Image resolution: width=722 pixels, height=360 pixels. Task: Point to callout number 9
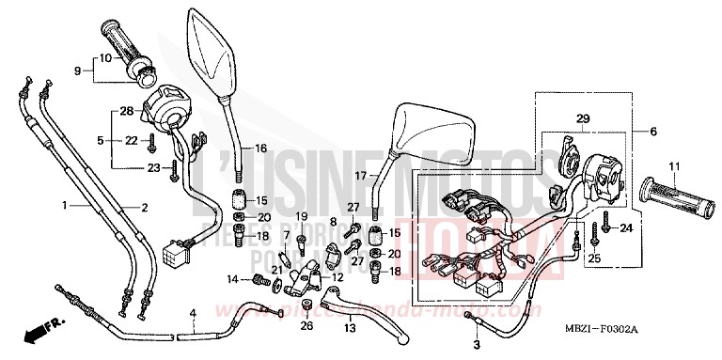point(79,69)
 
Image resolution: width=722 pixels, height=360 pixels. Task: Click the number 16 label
point(260,149)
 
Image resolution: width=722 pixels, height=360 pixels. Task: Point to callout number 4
point(192,312)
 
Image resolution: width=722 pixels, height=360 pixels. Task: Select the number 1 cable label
point(64,204)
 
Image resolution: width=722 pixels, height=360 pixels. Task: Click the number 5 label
point(100,140)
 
